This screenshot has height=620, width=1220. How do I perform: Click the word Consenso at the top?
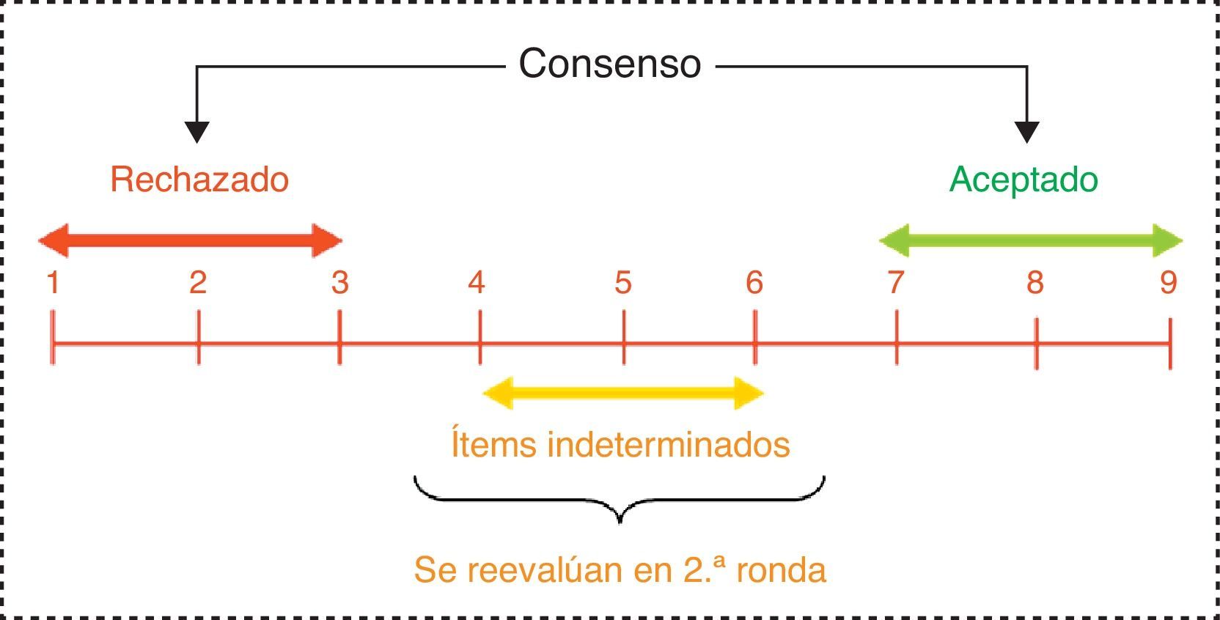(x=609, y=64)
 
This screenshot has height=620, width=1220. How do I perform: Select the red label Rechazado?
(x=199, y=180)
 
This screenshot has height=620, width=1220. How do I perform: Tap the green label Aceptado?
(x=1024, y=180)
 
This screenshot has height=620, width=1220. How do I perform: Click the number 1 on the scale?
(x=53, y=283)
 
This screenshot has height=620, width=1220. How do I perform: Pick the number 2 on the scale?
(x=198, y=283)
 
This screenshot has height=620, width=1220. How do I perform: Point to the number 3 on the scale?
(x=339, y=283)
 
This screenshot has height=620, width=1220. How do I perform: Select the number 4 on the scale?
(x=477, y=283)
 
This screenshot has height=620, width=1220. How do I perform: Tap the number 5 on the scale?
(x=623, y=283)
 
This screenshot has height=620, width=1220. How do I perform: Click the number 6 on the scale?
(x=754, y=283)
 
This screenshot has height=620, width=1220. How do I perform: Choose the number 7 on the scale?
(x=896, y=283)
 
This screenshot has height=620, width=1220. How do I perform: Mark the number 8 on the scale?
(x=1035, y=283)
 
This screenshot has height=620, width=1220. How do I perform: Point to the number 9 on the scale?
(x=1169, y=283)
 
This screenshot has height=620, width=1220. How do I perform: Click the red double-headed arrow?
(x=191, y=240)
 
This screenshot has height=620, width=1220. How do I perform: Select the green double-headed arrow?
(x=1030, y=240)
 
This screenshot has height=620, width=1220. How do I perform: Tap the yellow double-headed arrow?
(x=623, y=394)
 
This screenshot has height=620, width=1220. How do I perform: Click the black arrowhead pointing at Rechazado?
(x=196, y=132)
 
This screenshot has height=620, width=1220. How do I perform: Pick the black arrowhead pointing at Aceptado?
(x=1026, y=132)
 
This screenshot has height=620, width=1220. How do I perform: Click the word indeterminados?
(x=669, y=445)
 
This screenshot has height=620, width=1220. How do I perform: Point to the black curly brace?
(x=620, y=501)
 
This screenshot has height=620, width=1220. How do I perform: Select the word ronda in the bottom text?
(x=781, y=570)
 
